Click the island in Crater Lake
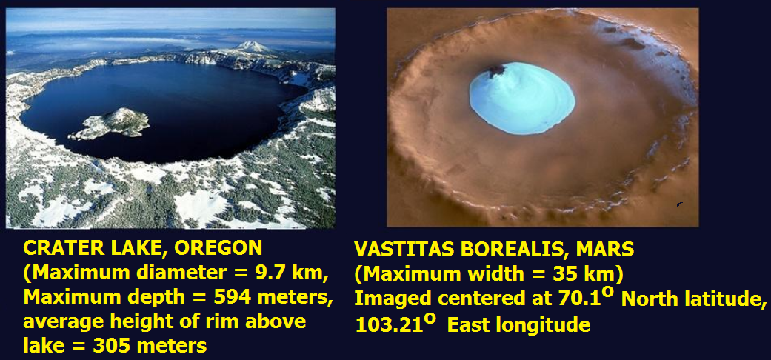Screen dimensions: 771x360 (110, 123)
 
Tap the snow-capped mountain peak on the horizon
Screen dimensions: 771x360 (254, 47)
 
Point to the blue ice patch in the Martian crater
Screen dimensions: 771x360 (521, 98)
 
